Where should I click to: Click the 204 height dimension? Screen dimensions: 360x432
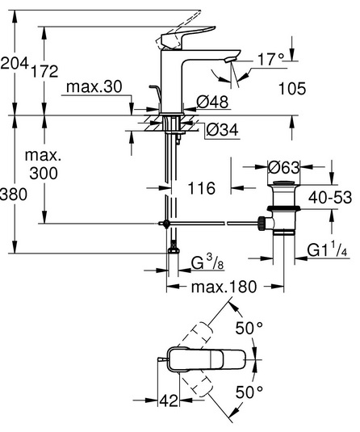15,63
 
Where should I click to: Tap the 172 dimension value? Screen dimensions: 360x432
44,71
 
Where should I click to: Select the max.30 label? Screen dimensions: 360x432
94,87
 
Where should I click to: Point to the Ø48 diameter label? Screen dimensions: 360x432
212,102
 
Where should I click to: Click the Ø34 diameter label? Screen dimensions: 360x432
222,130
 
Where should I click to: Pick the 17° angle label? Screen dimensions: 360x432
270,59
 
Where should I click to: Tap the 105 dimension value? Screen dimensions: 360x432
292,89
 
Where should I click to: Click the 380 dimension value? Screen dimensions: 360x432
14,195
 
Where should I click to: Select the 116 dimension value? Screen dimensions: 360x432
201,188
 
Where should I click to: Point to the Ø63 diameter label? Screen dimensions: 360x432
283,167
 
